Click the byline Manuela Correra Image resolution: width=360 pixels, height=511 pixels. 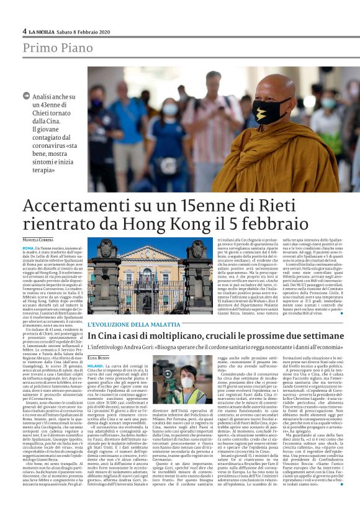38,240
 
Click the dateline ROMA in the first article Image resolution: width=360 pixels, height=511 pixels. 29,248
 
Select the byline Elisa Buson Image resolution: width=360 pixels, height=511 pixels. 98,358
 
